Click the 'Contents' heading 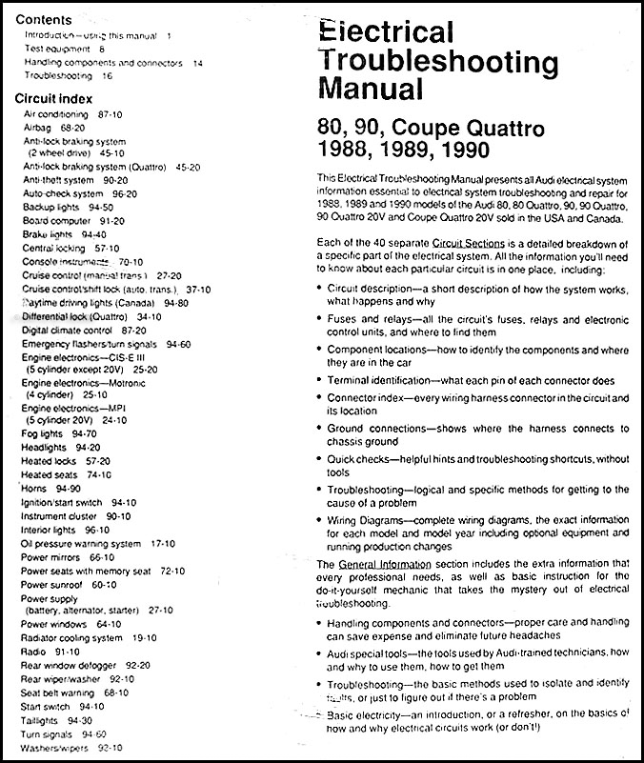click(44, 19)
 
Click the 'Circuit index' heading click(54, 98)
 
